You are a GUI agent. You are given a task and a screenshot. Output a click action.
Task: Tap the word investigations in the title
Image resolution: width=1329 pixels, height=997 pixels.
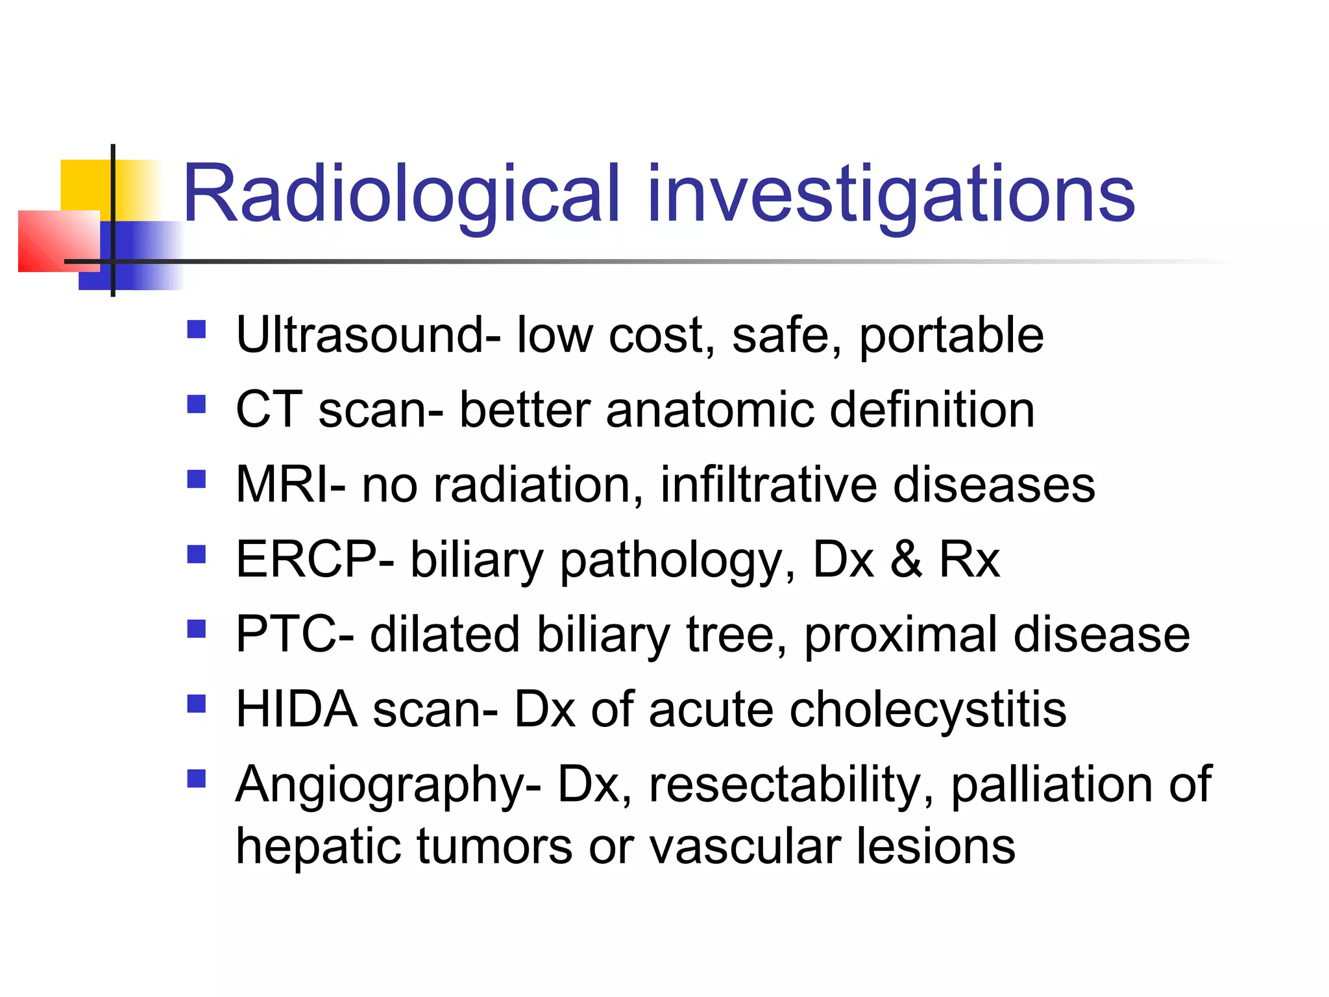[x=890, y=195]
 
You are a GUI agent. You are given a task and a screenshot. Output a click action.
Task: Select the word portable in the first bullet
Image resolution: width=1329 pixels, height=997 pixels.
[x=951, y=336]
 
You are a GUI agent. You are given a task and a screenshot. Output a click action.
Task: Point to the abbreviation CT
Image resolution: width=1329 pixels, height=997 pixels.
[x=269, y=410]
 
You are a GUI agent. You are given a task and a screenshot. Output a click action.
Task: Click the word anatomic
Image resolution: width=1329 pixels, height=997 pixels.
[x=710, y=410]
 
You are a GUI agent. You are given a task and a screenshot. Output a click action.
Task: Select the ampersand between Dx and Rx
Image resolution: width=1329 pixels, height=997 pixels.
[x=906, y=559]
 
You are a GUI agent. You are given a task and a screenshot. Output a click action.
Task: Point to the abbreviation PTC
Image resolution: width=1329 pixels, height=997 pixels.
[x=291, y=634]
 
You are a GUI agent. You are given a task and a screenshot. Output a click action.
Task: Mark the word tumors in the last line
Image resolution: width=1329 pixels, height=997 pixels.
[x=494, y=846]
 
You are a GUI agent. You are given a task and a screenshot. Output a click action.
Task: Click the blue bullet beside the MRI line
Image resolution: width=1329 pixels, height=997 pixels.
[x=196, y=479]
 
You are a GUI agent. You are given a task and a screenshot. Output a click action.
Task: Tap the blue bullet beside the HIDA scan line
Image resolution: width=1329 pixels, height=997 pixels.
[x=196, y=704]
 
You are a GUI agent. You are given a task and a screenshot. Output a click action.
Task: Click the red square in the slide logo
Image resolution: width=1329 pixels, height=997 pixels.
[x=57, y=240]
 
